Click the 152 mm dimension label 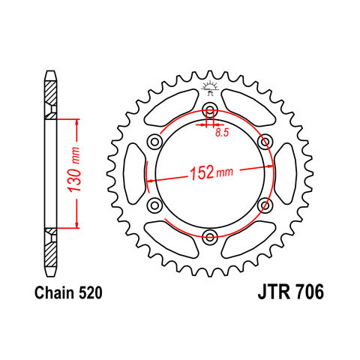pos(211,172)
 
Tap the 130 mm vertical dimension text pos(75,170)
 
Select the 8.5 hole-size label pos(222,133)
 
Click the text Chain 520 pos(68,292)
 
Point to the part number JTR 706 pos(291,292)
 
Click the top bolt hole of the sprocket pos(210,110)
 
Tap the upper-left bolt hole pos(154,142)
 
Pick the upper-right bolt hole pos(265,142)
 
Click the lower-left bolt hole pos(154,205)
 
